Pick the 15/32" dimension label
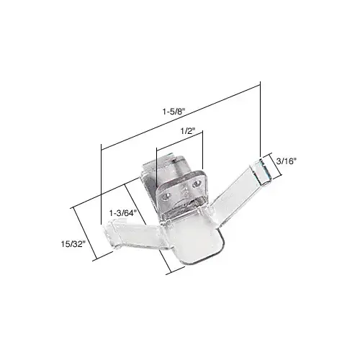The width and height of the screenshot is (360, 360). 73,243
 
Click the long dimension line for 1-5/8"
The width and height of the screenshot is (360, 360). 180,115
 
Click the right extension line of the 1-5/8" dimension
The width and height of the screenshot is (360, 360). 259,122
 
